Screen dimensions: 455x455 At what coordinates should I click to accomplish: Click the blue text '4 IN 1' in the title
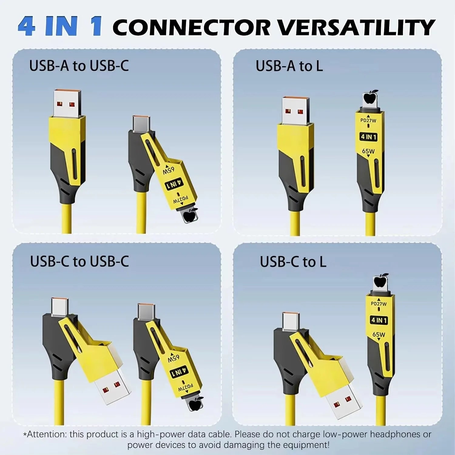point(60,27)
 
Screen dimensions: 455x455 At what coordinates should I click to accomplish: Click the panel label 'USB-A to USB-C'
point(79,66)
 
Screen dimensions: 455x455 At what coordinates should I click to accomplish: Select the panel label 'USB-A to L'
point(289,66)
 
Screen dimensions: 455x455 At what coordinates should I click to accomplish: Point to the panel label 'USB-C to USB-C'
point(79,261)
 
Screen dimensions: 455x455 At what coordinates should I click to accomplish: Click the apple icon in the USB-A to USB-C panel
point(191,215)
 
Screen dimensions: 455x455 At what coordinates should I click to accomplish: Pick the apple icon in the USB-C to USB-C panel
point(196,404)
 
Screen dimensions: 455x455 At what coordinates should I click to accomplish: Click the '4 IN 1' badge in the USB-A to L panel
point(369,137)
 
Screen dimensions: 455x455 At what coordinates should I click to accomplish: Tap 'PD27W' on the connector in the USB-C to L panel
point(379,304)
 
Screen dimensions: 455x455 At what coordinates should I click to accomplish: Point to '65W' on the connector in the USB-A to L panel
point(368,151)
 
